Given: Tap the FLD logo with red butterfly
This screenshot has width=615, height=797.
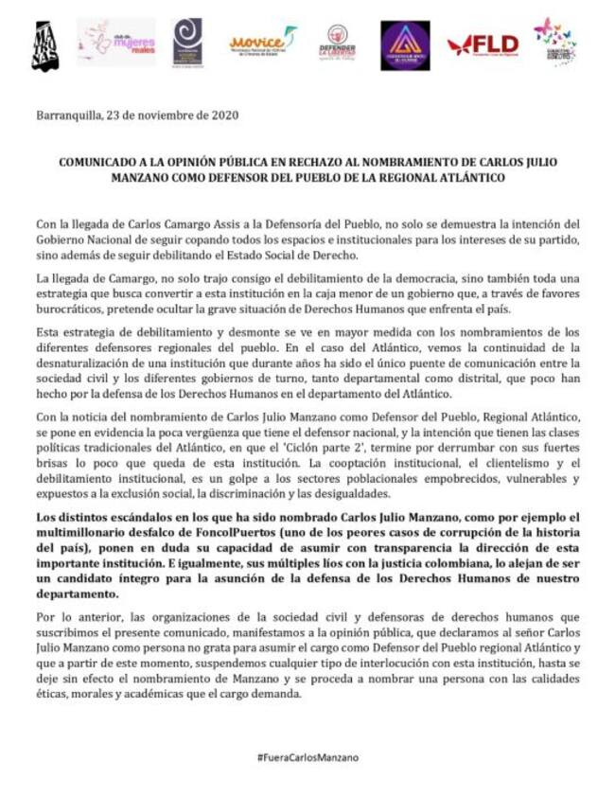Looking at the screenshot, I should [483, 44].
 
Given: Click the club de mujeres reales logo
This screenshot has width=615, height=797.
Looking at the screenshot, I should [116, 42].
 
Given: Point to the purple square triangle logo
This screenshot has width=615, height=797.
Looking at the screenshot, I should [405, 44].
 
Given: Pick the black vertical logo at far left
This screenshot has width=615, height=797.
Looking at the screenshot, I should [45, 45].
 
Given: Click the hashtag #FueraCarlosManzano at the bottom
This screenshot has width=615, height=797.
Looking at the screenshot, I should [307, 757].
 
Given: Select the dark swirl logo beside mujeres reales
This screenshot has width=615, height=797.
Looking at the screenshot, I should [187, 43].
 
